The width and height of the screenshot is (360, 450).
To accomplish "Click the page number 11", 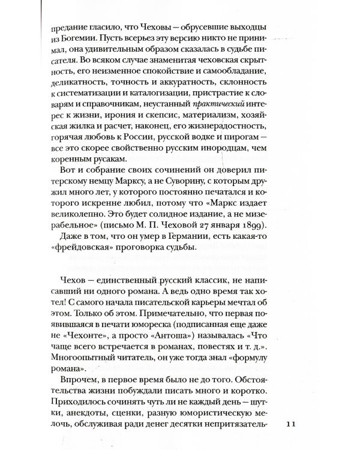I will (x=292, y=424).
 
